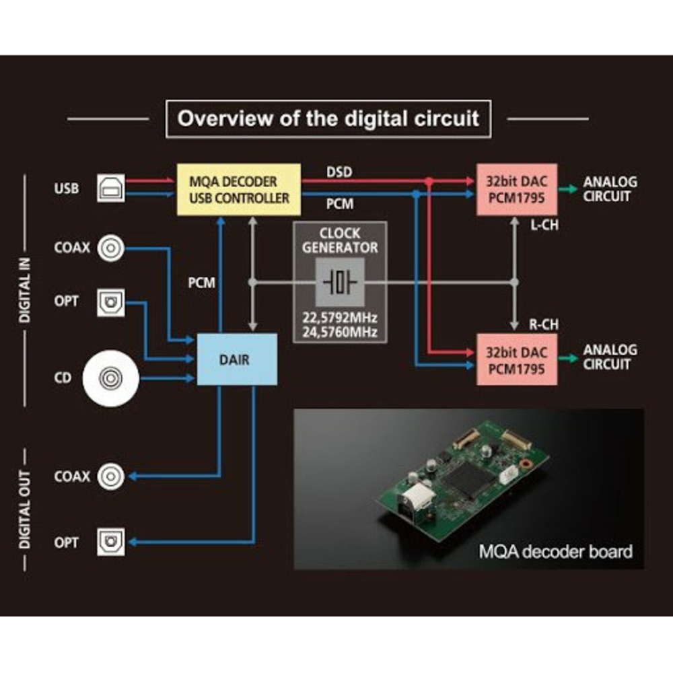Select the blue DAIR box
237,360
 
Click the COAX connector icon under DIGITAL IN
111,248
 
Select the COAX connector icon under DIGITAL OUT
111,476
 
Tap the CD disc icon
110,378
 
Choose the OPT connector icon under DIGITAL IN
111,303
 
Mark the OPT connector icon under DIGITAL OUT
111,542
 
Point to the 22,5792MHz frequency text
340,318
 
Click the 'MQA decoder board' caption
555,552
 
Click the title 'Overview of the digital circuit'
328,119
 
